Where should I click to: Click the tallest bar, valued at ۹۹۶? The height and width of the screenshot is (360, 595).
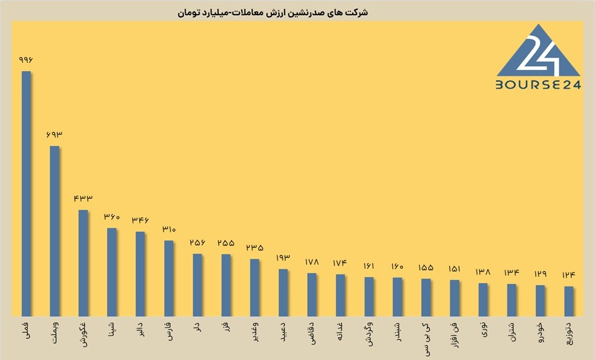click(x=26, y=193)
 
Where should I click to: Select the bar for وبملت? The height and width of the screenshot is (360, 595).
click(x=55, y=231)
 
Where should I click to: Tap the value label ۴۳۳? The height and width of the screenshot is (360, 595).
click(x=83, y=198)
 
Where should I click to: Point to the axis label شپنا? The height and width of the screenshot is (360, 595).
click(x=112, y=330)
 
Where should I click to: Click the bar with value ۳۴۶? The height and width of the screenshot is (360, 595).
click(x=140, y=274)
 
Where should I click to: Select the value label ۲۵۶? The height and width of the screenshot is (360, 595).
click(x=197, y=243)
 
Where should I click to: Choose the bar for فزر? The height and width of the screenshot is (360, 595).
click(x=226, y=285)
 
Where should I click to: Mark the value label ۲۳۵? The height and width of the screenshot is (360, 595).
click(x=254, y=248)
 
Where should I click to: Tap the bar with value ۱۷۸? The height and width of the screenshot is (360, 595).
click(x=312, y=295)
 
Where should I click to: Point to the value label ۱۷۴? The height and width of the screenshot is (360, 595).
click(x=340, y=263)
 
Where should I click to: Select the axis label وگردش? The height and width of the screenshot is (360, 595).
click(x=369, y=334)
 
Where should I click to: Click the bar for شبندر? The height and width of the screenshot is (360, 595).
click(x=397, y=297)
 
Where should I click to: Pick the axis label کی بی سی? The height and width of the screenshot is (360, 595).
click(x=426, y=339)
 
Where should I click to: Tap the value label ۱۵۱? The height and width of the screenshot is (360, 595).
click(x=455, y=269)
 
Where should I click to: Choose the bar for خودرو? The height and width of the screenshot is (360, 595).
click(x=540, y=301)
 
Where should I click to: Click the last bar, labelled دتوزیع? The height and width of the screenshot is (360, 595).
click(x=569, y=301)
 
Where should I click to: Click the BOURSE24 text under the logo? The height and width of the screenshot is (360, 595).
click(x=538, y=84)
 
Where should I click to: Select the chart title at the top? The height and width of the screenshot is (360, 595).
click(x=273, y=13)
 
